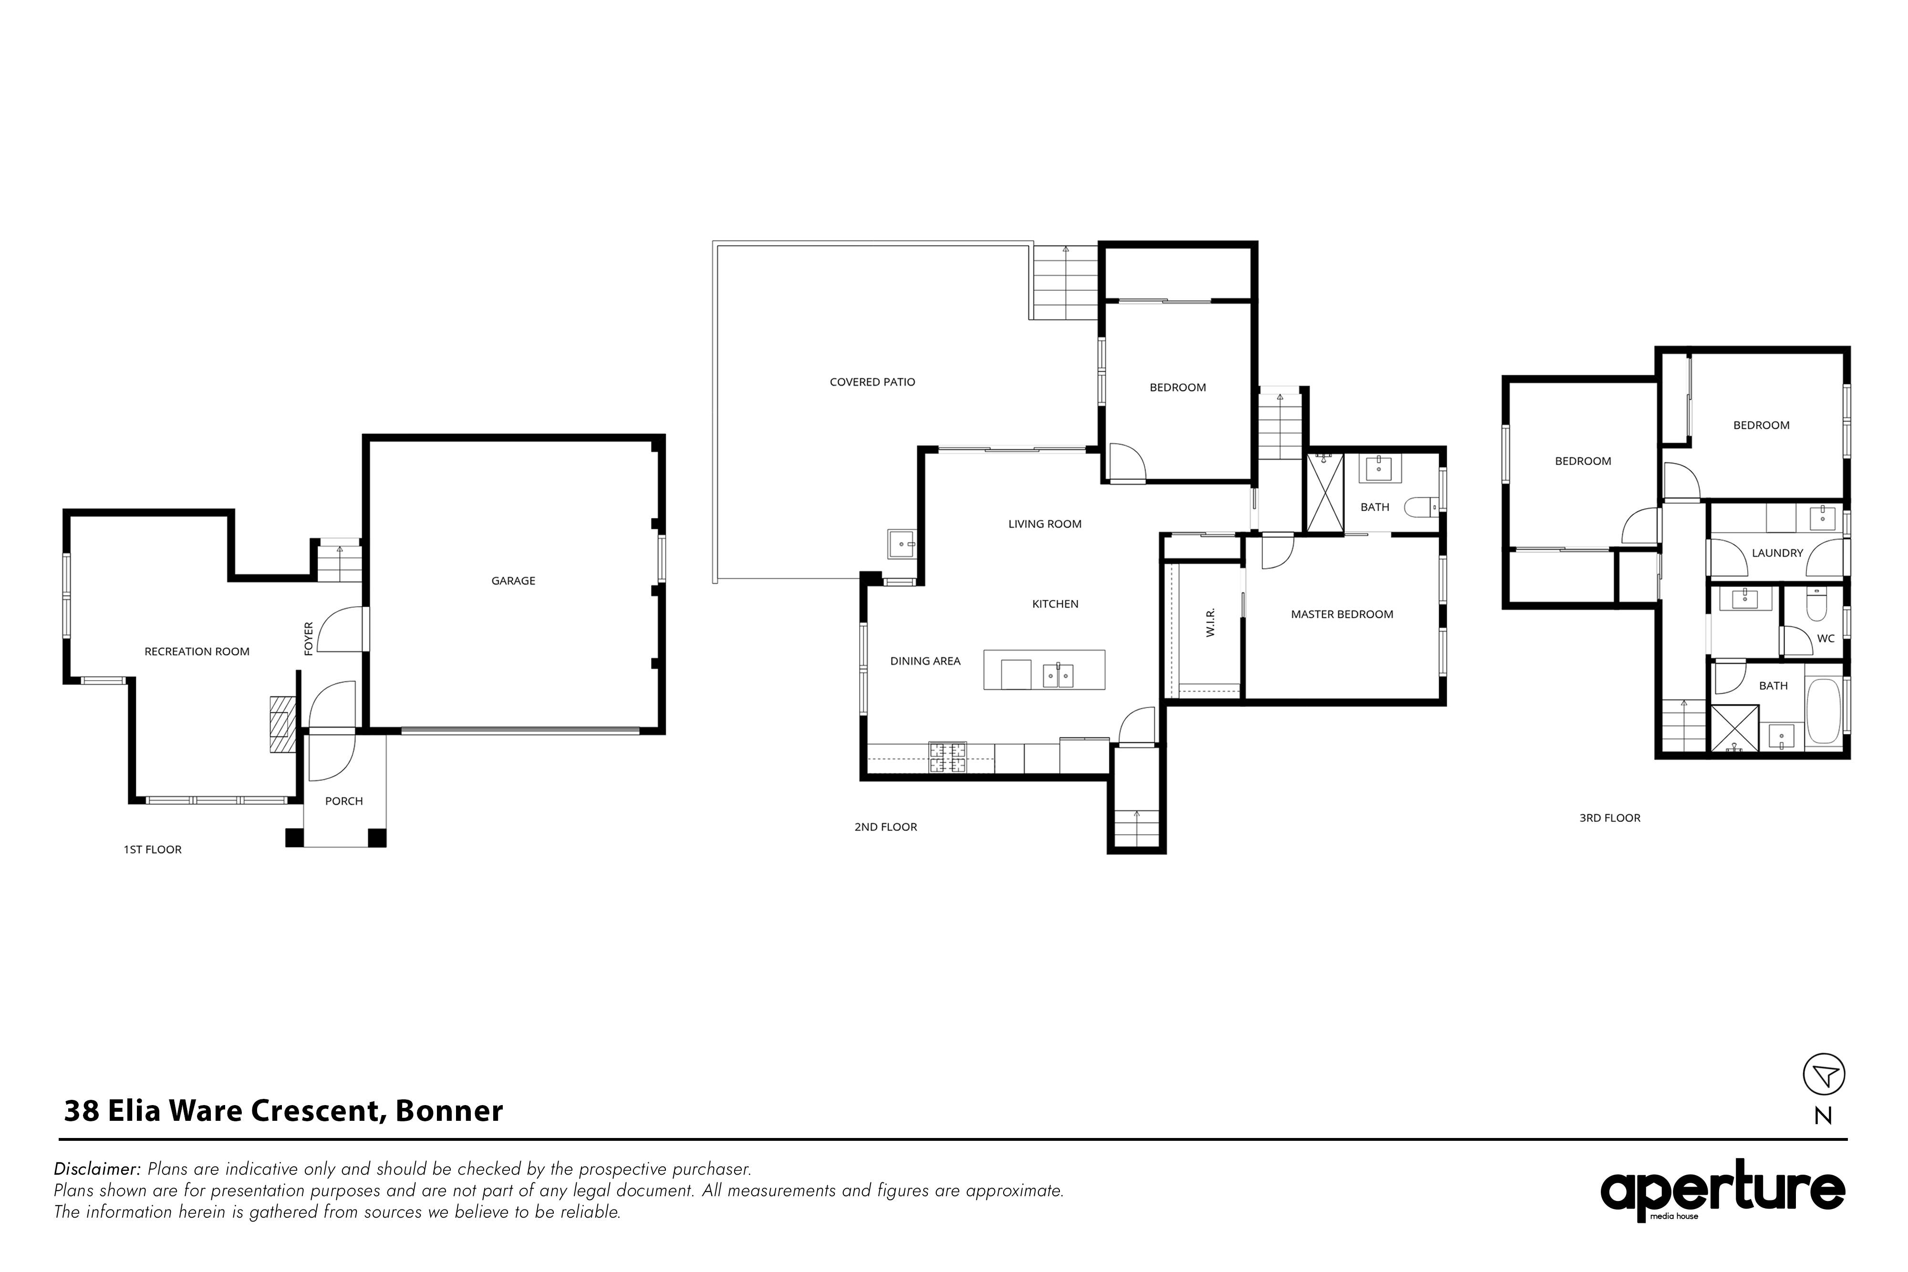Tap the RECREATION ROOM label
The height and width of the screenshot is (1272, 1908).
pos(197,652)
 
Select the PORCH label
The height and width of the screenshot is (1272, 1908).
pos(344,801)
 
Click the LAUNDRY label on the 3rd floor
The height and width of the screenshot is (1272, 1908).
pos(1777,553)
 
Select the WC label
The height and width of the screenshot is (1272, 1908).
pos(1825,639)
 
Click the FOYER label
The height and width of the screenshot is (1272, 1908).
pos(308,639)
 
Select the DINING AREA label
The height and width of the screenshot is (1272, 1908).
pos(925,661)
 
